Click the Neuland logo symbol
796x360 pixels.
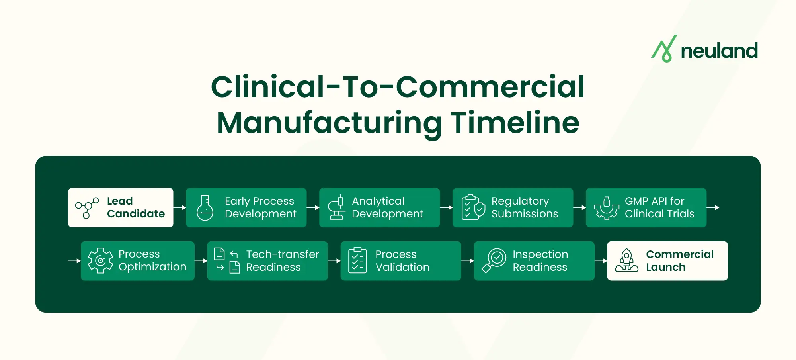[664, 49]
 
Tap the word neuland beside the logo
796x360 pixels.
[719, 51]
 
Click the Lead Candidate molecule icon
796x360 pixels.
[87, 208]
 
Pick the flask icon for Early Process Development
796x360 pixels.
[205, 208]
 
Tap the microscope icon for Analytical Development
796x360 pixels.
[337, 208]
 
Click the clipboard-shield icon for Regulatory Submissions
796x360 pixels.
[473, 207]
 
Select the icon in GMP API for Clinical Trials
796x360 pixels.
[607, 208]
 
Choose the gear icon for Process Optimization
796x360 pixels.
[100, 261]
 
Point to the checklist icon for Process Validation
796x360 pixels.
[357, 261]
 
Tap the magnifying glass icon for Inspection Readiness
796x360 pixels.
[494, 261]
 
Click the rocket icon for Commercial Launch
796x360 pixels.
[626, 260]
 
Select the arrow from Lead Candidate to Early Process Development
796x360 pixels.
[180, 207]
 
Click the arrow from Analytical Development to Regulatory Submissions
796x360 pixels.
[446, 207]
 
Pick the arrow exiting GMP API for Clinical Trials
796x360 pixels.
[713, 207]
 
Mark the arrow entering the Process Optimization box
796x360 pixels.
[74, 261]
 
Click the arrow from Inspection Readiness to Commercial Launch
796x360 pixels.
[601, 261]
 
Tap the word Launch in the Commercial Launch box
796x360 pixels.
[665, 267]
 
